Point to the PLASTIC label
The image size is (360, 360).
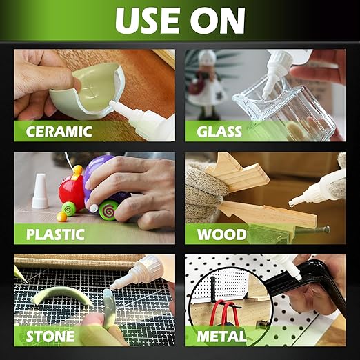pyautogui.click(x=55, y=234)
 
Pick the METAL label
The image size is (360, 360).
pyautogui.click(x=221, y=337)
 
